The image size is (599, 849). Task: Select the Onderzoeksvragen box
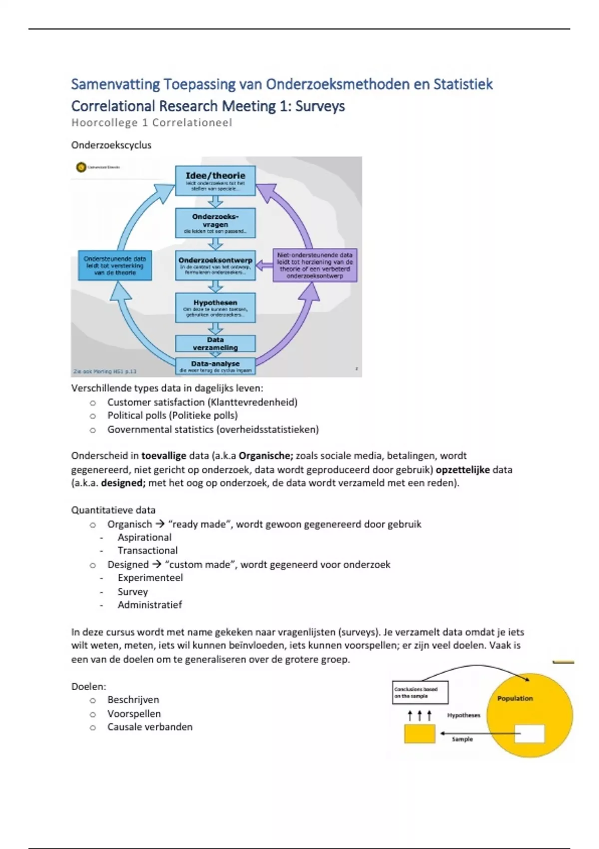(x=215, y=223)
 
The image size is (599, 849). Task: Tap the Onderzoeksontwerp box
(x=215, y=265)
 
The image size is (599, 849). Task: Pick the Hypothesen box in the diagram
(x=215, y=308)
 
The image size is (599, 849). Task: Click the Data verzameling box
(x=215, y=344)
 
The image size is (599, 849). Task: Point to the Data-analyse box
(x=215, y=366)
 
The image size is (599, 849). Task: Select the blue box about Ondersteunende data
(x=115, y=266)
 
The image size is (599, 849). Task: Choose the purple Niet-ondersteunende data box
(x=315, y=265)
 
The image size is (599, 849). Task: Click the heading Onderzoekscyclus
(x=111, y=145)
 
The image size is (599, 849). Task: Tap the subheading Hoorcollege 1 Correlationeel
(x=151, y=123)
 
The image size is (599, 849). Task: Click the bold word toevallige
(x=164, y=455)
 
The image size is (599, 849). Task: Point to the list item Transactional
(x=147, y=550)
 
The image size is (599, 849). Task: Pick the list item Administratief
(x=150, y=605)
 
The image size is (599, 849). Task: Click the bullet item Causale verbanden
(x=150, y=727)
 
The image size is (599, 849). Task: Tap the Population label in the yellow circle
(x=515, y=698)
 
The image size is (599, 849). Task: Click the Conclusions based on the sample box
(x=420, y=692)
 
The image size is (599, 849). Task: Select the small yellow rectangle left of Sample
(x=419, y=734)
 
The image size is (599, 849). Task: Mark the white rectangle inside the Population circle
(x=529, y=734)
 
